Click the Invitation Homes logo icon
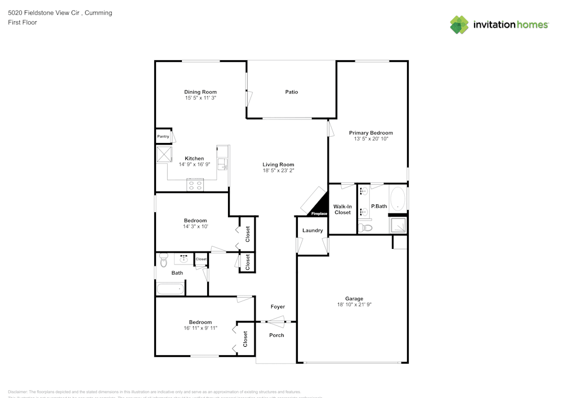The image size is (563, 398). (x=459, y=25)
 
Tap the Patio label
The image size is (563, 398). (x=291, y=92)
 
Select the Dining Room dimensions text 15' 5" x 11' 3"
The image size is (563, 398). (x=200, y=98)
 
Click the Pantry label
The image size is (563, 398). (x=163, y=136)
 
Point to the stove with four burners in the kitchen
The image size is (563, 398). (x=195, y=185)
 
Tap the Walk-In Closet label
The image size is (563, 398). (x=342, y=209)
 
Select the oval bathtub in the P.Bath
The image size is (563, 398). (x=398, y=199)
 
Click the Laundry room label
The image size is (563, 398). (x=312, y=230)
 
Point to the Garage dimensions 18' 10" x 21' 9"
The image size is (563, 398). (x=354, y=305)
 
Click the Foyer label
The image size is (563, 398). (x=278, y=307)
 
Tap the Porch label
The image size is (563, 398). (x=276, y=335)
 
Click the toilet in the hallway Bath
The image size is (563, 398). (x=164, y=261)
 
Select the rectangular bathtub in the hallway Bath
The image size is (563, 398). (x=171, y=289)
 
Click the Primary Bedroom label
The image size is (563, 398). (x=370, y=132)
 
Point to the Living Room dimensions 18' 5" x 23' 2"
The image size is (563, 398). (x=278, y=171)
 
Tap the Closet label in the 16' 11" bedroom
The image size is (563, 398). (x=245, y=338)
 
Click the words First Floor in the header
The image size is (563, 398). (x=23, y=23)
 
